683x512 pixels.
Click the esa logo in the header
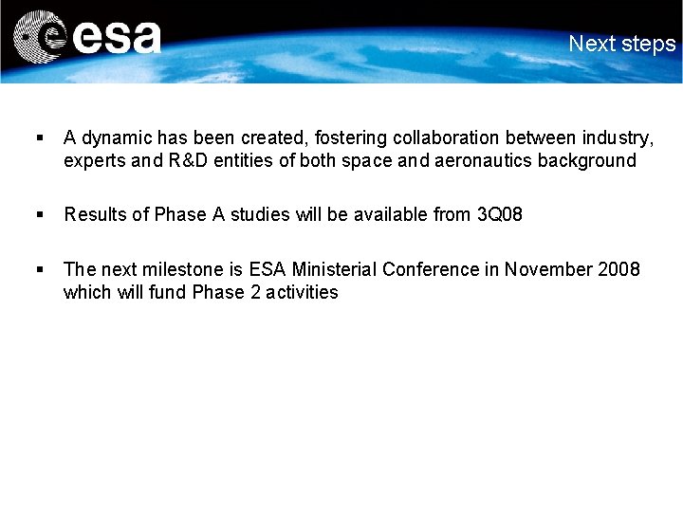pos(87,38)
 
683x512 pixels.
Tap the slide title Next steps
pos(622,44)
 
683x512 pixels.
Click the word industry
pos(621,139)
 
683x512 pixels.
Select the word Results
pos(95,214)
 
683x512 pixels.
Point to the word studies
pos(260,214)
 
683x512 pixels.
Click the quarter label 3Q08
pos(499,214)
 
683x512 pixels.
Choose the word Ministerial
pos(337,269)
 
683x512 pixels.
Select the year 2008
pos(619,269)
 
